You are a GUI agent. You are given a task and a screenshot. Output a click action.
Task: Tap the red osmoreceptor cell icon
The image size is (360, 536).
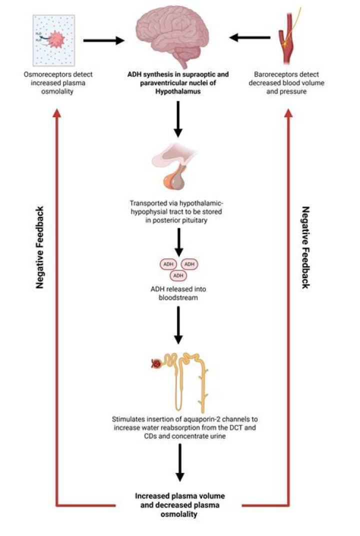54,40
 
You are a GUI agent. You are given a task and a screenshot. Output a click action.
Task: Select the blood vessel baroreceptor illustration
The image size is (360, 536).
287,36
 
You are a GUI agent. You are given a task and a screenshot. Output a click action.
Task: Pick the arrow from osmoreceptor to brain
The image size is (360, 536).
104,41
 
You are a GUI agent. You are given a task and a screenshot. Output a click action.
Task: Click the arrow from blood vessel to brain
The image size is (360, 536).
249,38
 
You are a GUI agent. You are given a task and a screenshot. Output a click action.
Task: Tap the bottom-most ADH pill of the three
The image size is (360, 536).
178,276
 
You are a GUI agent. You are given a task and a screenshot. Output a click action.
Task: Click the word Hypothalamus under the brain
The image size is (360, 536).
178,91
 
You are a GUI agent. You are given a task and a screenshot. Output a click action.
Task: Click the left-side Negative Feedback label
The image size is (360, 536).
40,248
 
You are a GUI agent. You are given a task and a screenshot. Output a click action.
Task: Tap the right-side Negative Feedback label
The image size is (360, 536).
305,248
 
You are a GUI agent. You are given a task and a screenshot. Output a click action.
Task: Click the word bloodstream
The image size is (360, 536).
178,297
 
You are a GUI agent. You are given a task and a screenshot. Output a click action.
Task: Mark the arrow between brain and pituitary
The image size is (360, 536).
178,119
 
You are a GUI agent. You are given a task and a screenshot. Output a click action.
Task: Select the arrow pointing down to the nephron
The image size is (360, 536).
178,325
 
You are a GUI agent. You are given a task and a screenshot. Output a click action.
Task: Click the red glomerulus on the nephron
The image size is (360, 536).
156,364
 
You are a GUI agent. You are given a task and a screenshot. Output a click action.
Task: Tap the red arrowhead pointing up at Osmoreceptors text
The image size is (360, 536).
57,113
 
